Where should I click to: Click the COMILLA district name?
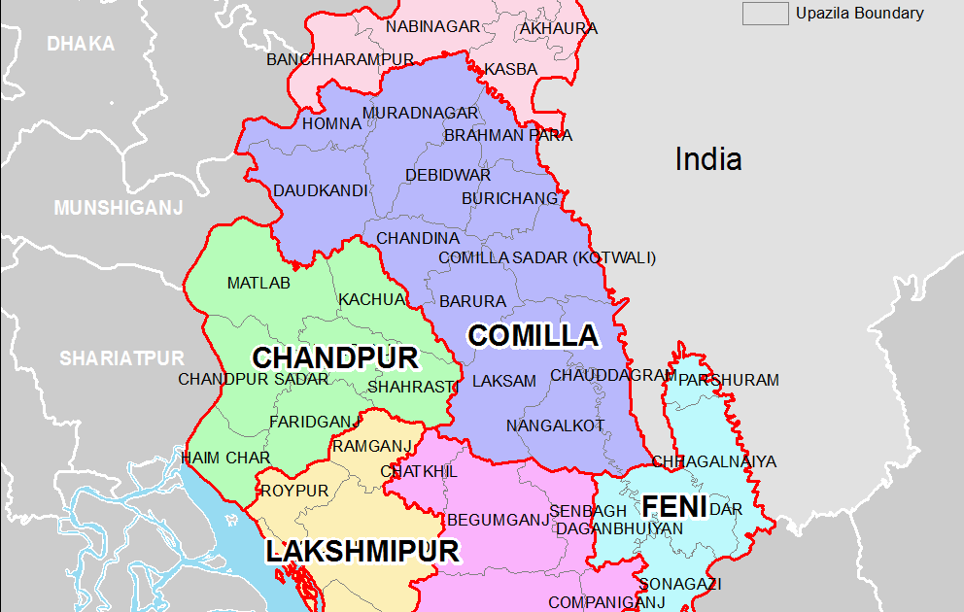(x=533, y=336)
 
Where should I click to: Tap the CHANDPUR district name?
(x=335, y=357)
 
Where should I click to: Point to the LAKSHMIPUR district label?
(x=362, y=552)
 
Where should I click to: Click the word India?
(x=708, y=159)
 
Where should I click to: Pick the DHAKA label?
(x=81, y=44)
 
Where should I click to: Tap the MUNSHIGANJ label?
(x=119, y=208)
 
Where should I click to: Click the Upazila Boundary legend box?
(x=765, y=14)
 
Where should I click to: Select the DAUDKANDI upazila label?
(x=320, y=190)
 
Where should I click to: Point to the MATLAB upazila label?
(x=258, y=284)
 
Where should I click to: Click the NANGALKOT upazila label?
(x=555, y=425)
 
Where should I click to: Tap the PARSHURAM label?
(x=728, y=380)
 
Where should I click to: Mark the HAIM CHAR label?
(x=225, y=458)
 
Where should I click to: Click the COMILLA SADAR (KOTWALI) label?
(x=547, y=257)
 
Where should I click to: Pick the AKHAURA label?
(x=559, y=29)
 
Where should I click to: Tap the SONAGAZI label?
(x=679, y=584)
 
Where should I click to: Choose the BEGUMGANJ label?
(x=499, y=520)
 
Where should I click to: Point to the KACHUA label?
(x=370, y=299)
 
